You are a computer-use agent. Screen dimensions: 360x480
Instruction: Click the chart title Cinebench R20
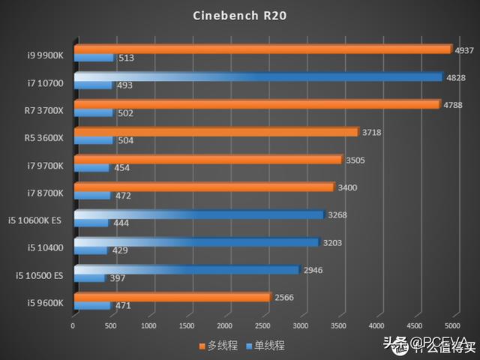239,15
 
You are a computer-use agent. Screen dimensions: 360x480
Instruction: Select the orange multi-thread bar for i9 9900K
262,49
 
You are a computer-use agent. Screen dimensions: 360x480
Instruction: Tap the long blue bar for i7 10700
259,76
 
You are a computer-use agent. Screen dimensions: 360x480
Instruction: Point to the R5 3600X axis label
44,138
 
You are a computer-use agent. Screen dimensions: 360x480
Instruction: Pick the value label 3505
355,160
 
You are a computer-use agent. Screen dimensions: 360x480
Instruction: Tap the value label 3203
332,242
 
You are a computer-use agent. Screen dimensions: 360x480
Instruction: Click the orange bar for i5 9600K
172,297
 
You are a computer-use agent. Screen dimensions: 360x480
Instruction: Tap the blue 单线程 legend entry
264,346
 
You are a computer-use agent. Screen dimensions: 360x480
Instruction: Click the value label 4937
463,50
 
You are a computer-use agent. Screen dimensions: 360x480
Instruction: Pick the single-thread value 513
126,58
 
